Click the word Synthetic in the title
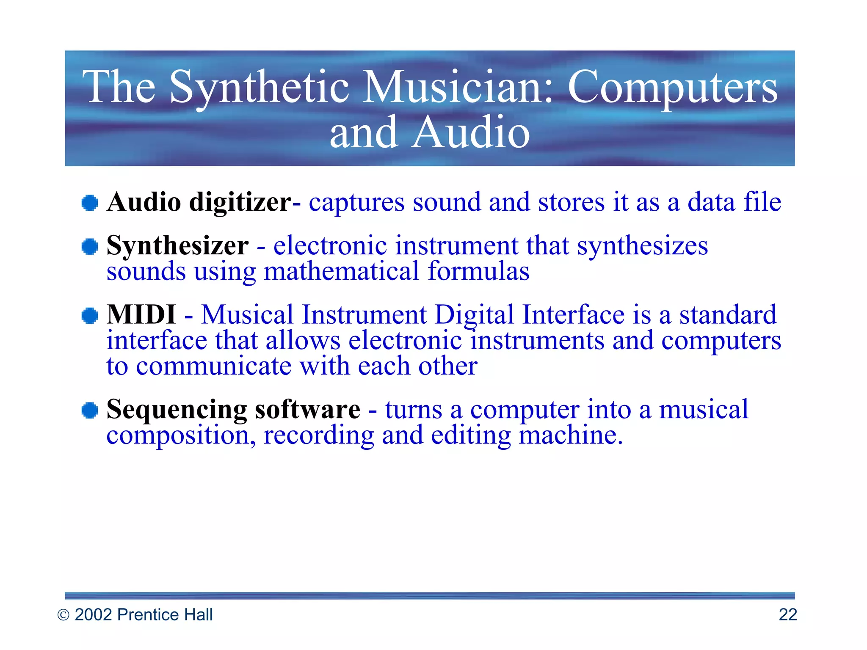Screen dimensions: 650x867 tap(259, 88)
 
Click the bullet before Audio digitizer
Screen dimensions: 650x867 tap(90, 203)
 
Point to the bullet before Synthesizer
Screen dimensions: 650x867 tap(90, 246)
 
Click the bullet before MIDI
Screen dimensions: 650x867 tap(90, 316)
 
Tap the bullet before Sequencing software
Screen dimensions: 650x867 tap(90, 410)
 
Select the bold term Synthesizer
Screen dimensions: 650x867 tap(177, 246)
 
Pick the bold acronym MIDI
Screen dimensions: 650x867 tap(141, 315)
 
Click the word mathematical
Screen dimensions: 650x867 tap(341, 271)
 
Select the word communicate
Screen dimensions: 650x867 tap(213, 366)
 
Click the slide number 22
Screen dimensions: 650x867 tap(787, 614)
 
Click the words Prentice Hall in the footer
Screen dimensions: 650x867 tap(165, 614)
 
